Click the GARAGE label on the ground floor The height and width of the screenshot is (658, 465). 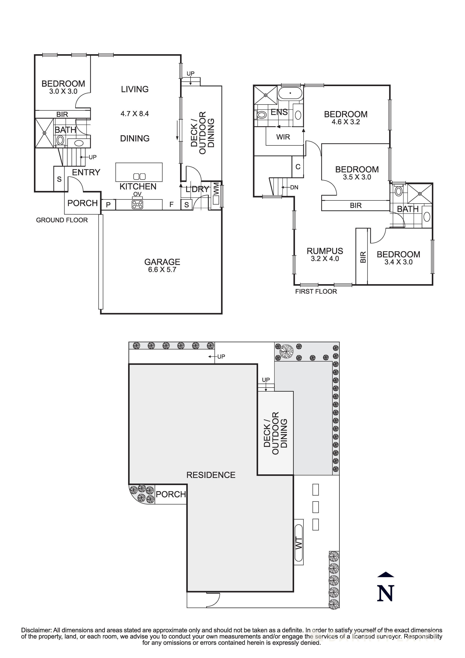coord(162,262)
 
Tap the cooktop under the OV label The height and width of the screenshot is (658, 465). coord(137,204)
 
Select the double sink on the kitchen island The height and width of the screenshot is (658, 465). coord(140,177)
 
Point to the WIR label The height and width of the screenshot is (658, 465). coord(283,137)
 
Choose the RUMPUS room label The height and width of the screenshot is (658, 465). coord(325,251)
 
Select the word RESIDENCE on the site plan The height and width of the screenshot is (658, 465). coord(211,475)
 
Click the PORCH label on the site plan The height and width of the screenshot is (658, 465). coord(171,494)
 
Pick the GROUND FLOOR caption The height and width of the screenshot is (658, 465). coord(62,220)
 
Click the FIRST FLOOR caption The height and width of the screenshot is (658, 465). coord(316,291)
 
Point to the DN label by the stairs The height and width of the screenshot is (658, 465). coord(294,187)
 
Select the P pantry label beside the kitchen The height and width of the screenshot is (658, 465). coord(108,205)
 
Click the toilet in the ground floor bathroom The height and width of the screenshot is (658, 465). coord(60,140)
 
